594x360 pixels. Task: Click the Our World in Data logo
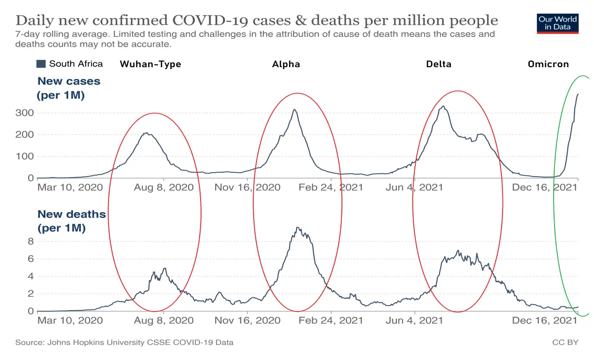(x=558, y=23)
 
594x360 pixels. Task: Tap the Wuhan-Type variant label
(x=150, y=64)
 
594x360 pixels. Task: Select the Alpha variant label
(x=286, y=64)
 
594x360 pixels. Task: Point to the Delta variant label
(x=439, y=64)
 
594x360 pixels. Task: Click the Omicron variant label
(x=548, y=64)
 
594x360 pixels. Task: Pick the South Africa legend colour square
(x=41, y=64)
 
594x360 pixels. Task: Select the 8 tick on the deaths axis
(x=30, y=241)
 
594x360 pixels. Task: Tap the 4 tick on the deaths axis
(x=30, y=276)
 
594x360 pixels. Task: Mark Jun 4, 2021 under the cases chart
(x=414, y=187)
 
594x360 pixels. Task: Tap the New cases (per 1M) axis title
(x=68, y=88)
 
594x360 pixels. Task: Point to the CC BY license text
(x=565, y=342)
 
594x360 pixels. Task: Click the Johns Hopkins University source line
(x=124, y=342)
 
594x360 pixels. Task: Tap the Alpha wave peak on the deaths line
(x=297, y=228)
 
